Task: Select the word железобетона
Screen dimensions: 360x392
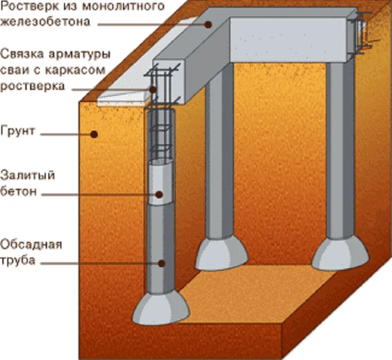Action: pos(45,21)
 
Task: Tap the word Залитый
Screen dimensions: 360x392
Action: pos(28,176)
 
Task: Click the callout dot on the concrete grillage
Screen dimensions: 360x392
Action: pos(208,24)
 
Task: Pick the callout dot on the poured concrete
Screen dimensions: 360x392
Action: pos(159,194)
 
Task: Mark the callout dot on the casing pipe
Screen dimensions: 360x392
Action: pos(161,263)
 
